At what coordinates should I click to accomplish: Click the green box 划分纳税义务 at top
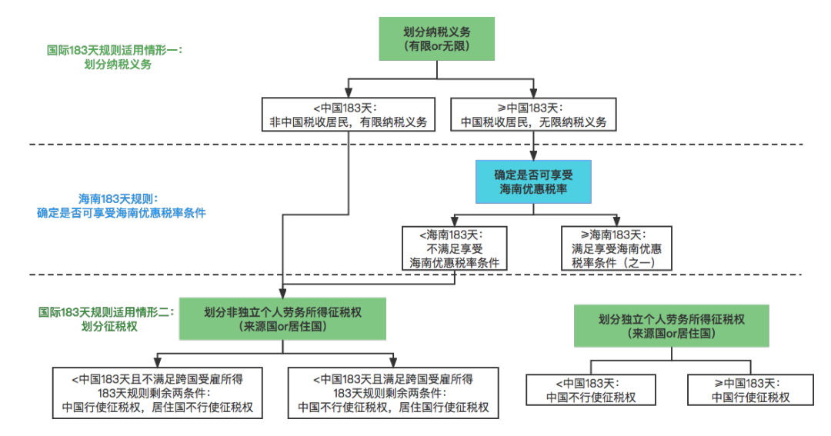coord(436,38)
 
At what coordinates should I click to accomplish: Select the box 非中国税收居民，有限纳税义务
coord(348,115)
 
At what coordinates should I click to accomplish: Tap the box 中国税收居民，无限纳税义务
coord(533,115)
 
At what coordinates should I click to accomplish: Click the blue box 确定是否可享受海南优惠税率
coord(532,181)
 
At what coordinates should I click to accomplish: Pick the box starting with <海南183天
coord(454,248)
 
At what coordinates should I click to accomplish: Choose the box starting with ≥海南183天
coord(616,248)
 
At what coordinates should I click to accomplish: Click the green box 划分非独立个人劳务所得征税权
coord(282,319)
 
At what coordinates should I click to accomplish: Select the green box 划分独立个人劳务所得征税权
coord(672,325)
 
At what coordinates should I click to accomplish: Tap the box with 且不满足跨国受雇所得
coord(158,393)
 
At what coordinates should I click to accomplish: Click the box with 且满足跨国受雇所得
coord(393,393)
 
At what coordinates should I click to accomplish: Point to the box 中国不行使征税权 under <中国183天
coord(591,390)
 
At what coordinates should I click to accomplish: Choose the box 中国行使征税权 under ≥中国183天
coord(750,390)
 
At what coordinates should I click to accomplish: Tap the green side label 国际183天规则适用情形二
coord(108,319)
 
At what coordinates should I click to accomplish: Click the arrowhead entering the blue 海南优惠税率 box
coord(532,155)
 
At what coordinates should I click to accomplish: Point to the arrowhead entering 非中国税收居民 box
coord(348,93)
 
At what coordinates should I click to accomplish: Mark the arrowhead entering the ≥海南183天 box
coord(616,221)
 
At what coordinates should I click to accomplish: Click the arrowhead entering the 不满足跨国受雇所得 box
coord(158,362)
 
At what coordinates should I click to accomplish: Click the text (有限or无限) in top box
coord(436,47)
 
